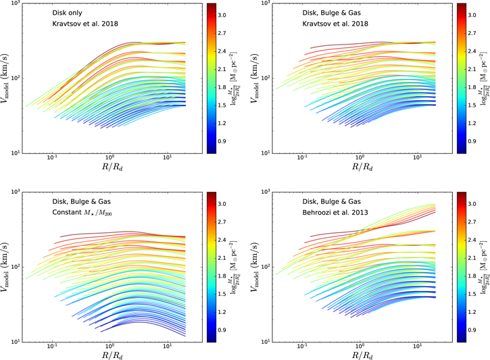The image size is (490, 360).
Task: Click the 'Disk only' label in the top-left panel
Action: pos(71,13)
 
